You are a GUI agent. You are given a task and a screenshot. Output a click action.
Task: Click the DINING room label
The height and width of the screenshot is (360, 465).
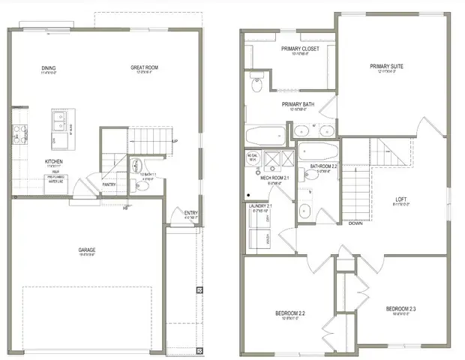tap(49, 68)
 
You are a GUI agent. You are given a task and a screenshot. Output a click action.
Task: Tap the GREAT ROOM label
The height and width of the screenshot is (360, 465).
tap(146, 68)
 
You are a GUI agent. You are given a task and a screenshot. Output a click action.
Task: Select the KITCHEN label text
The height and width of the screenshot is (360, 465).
tap(52, 161)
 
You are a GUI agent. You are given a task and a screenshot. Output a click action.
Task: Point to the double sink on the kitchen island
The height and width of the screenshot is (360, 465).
tap(59, 119)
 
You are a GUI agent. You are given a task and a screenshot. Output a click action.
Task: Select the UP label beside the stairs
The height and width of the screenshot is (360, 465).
tap(174, 141)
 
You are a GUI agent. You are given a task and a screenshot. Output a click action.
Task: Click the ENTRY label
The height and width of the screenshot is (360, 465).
tap(191, 213)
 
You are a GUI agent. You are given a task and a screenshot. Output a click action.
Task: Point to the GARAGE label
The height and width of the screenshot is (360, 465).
tap(95, 250)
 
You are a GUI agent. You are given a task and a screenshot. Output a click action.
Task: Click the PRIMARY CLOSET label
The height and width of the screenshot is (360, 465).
tap(300, 49)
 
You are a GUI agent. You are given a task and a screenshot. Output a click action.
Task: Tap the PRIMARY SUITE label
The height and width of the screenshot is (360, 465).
tap(386, 67)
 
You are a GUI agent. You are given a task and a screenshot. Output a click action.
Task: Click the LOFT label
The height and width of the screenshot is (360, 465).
tap(402, 199)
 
